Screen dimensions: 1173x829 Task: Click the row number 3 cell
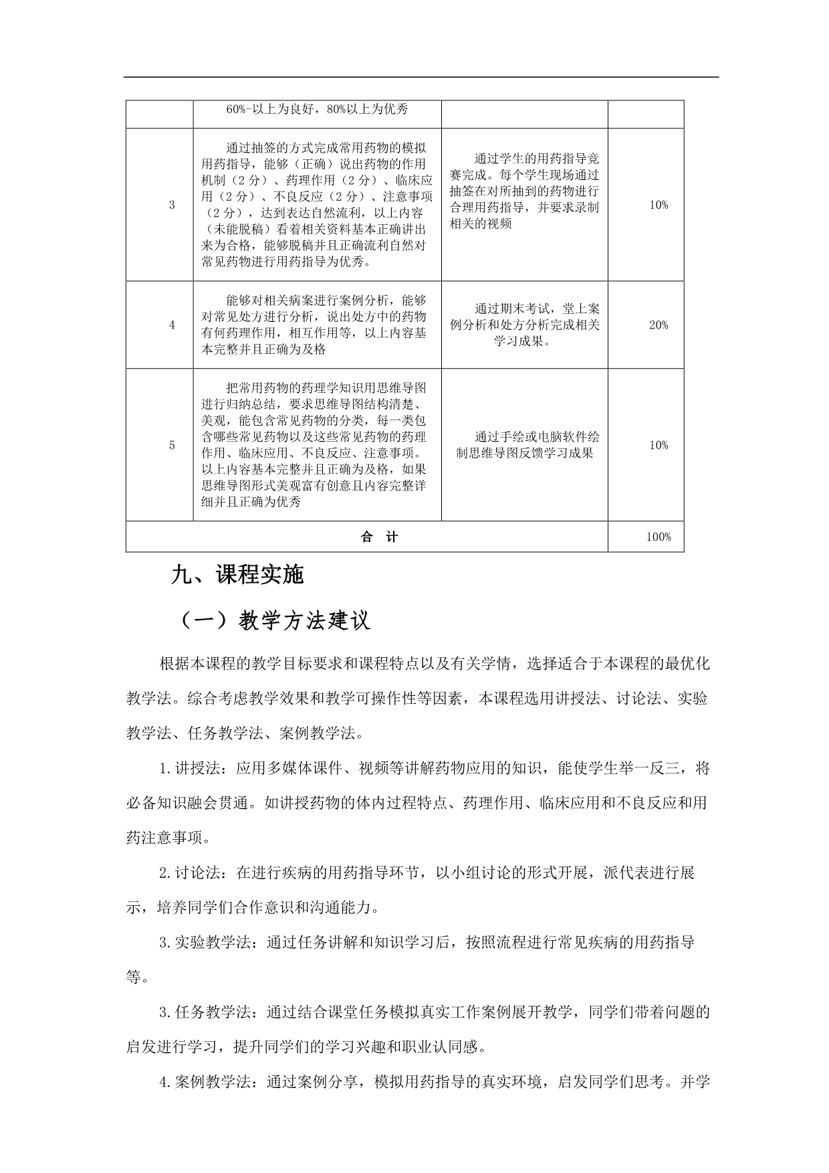pyautogui.click(x=172, y=205)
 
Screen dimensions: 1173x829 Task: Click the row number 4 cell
pyautogui.click(x=172, y=325)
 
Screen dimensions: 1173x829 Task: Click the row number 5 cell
pyautogui.click(x=172, y=445)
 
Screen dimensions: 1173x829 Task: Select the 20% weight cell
pyautogui.click(x=659, y=325)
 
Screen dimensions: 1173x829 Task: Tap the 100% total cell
pyautogui.click(x=659, y=537)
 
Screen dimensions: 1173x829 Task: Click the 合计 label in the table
pyautogui.click(x=379, y=537)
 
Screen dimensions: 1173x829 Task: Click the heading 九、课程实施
pyautogui.click(x=237, y=575)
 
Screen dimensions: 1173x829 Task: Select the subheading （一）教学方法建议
pyautogui.click(x=274, y=621)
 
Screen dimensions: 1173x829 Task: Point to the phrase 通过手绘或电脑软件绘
pyautogui.click(x=537, y=437)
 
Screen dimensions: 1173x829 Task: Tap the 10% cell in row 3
pyautogui.click(x=659, y=205)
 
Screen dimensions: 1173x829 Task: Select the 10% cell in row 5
pyautogui.click(x=659, y=445)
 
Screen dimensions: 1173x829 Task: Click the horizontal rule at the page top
pyautogui.click(x=421, y=77)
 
